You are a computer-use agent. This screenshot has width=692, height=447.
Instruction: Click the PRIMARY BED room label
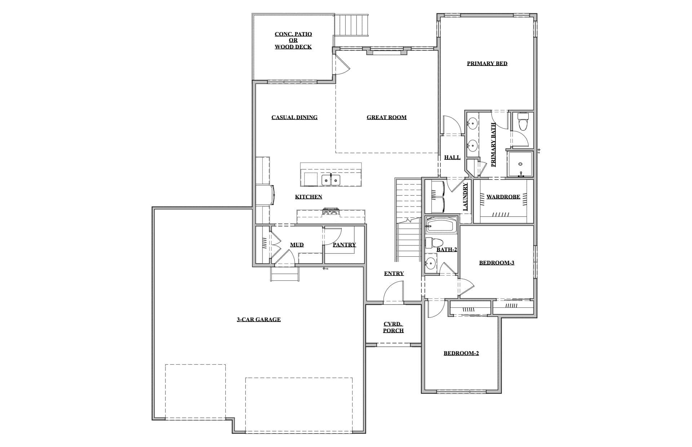(x=487, y=64)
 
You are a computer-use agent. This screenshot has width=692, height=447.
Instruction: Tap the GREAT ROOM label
(x=386, y=117)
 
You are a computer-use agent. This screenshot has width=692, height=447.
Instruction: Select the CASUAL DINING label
(x=294, y=117)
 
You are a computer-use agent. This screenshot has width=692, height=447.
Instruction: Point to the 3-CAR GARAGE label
(x=258, y=319)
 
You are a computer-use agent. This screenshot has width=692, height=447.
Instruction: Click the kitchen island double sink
(x=331, y=180)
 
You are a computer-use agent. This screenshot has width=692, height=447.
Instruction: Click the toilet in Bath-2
(x=431, y=243)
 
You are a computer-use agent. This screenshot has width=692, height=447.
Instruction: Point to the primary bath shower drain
(x=520, y=164)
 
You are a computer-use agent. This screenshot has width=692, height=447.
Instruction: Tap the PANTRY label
(x=344, y=245)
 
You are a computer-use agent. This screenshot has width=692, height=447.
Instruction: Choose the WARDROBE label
(x=503, y=197)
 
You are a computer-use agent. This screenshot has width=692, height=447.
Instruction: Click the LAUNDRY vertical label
(x=465, y=197)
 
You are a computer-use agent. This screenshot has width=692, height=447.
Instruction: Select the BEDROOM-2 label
(x=461, y=353)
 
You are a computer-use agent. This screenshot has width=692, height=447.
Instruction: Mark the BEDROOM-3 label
(x=496, y=263)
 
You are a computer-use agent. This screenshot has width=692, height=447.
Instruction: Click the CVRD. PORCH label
(x=393, y=327)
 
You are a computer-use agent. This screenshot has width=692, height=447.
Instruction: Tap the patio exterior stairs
(x=351, y=25)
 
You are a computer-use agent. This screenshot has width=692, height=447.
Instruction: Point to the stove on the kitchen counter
(x=331, y=212)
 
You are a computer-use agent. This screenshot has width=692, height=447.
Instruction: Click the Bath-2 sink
(x=431, y=263)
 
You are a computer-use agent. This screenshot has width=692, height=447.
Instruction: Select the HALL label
(x=452, y=157)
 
